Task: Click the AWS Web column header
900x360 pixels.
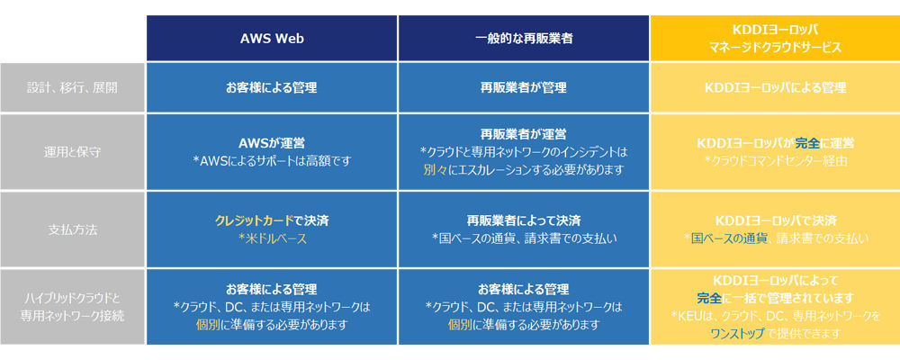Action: (x=272, y=39)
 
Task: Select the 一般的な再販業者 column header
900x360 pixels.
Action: (x=524, y=39)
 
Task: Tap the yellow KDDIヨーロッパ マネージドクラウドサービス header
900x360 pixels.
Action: (x=775, y=39)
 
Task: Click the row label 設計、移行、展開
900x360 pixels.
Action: (x=72, y=88)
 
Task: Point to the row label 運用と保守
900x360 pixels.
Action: (x=72, y=153)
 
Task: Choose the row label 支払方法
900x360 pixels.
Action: (x=72, y=229)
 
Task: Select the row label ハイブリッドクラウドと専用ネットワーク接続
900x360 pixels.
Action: (x=72, y=307)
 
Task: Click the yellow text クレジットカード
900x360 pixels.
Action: (x=249, y=220)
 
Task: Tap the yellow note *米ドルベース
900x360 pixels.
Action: (x=272, y=238)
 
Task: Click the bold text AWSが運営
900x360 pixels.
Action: (x=272, y=142)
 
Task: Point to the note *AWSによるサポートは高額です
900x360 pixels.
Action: (x=272, y=161)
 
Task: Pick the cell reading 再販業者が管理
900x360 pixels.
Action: (x=524, y=88)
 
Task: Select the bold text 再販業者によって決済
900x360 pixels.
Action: (x=524, y=220)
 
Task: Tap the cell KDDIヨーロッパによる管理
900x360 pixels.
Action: (x=775, y=88)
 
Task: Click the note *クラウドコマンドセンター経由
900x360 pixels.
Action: (x=776, y=161)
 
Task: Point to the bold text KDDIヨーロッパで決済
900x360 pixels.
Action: (x=775, y=220)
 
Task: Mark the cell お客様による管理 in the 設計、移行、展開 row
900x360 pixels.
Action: (x=272, y=88)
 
